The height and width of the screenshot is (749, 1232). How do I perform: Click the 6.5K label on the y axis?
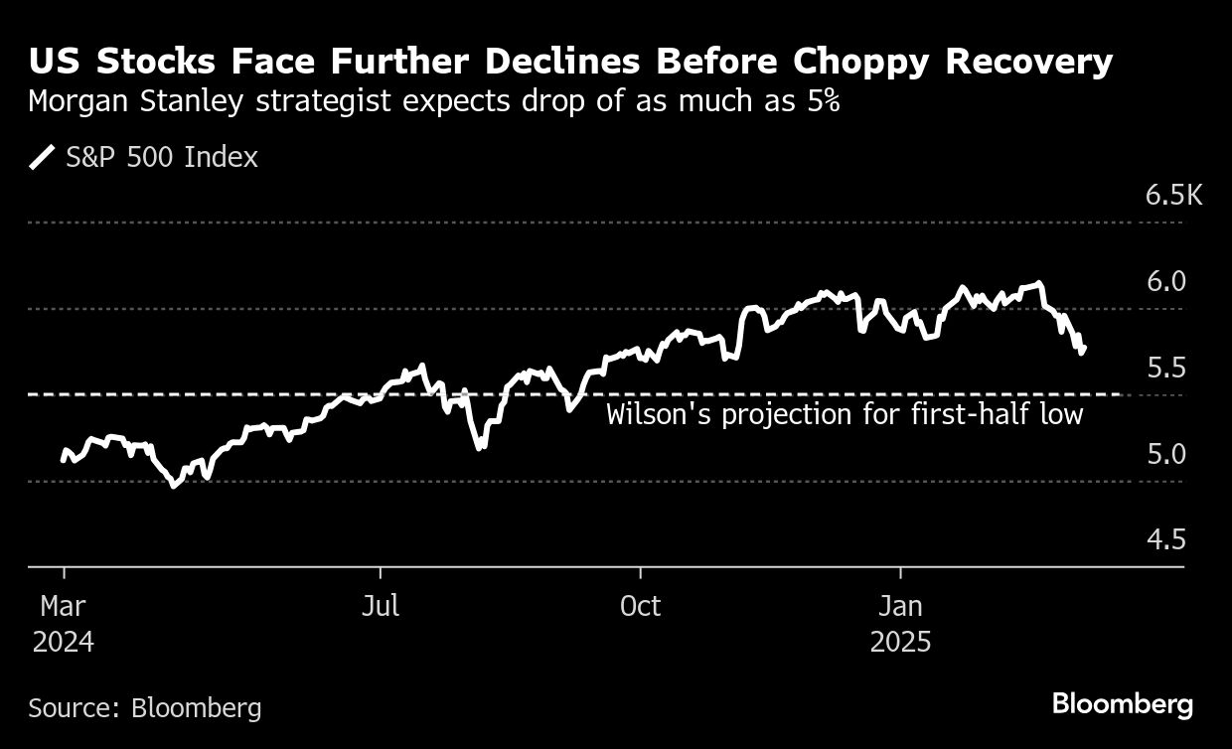coord(1173,195)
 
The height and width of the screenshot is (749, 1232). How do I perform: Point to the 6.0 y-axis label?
coord(1165,281)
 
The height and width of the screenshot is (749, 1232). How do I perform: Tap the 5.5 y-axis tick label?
coord(1165,368)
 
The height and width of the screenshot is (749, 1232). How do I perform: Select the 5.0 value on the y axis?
coord(1165,454)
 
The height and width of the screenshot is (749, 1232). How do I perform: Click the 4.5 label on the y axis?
coord(1165,540)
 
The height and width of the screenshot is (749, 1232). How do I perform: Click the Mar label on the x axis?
coord(63,606)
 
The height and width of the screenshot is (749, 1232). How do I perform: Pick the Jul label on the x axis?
coord(380,606)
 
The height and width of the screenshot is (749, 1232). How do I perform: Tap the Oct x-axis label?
coord(640,606)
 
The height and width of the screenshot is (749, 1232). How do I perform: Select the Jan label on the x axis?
coord(900,606)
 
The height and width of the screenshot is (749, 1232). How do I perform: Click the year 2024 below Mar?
coord(63,643)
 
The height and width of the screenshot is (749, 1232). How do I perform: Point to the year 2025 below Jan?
coord(900,643)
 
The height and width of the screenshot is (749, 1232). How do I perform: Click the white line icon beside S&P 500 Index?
coord(44,158)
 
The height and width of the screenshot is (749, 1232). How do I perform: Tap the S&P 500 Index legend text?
coord(162,158)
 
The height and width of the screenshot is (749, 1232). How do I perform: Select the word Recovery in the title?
coord(1028,63)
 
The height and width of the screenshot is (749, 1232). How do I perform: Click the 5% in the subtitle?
coord(821,102)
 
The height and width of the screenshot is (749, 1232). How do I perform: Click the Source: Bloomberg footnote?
coord(145,708)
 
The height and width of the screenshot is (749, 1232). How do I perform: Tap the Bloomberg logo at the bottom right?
coord(1122,704)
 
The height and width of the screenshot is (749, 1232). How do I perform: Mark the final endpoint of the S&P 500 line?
coord(1085,348)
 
